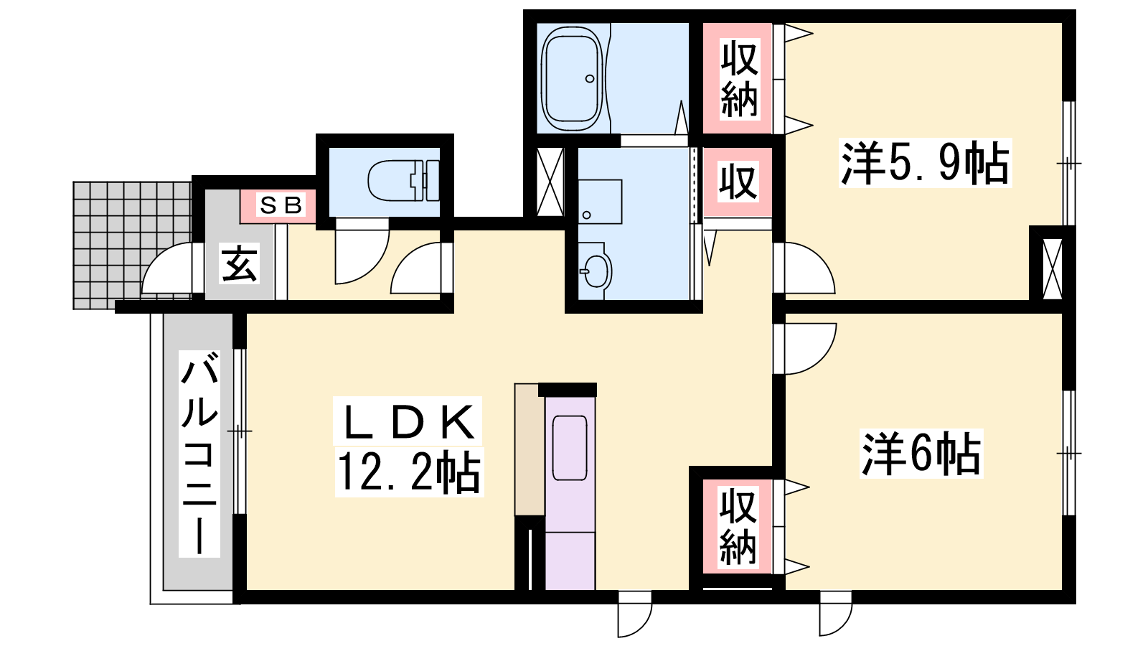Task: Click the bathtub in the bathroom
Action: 572,78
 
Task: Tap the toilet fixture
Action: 403,181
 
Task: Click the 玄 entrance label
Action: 240,263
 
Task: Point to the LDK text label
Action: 408,421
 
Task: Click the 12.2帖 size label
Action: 409,472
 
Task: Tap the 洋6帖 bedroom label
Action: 921,454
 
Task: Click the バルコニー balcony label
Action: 199,454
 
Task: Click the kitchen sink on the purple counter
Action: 570,448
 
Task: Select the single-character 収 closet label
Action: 738,182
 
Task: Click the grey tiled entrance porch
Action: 132,245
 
